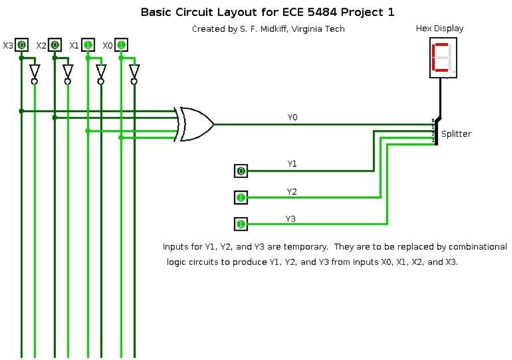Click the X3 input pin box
tap(21, 45)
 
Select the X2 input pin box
tap(54, 45)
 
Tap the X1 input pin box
tap(88, 45)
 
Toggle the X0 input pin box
tap(121, 45)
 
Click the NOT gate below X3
tap(34, 73)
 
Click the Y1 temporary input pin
tap(240, 172)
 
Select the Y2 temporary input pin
tap(240, 198)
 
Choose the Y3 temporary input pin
tap(240, 224)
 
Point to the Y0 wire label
tap(292, 117)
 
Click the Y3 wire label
tap(291, 219)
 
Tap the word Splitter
tap(456, 134)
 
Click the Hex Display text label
tap(440, 28)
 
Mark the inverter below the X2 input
tap(68, 73)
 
